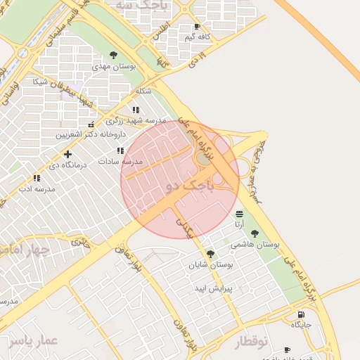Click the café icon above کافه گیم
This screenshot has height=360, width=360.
[x=197, y=27]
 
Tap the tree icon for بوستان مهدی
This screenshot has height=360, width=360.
[x=114, y=55]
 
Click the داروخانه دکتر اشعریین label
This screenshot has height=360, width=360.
[x=84, y=134]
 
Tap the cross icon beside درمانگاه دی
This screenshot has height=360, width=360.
[x=67, y=154]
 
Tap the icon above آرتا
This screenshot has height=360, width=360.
[x=240, y=213]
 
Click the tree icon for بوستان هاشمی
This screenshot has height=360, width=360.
[x=255, y=233]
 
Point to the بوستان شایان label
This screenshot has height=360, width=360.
[x=210, y=265]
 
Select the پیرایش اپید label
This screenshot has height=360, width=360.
[x=212, y=289]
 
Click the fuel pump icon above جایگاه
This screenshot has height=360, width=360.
[x=301, y=314]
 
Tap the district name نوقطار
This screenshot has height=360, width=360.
[x=248, y=342]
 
